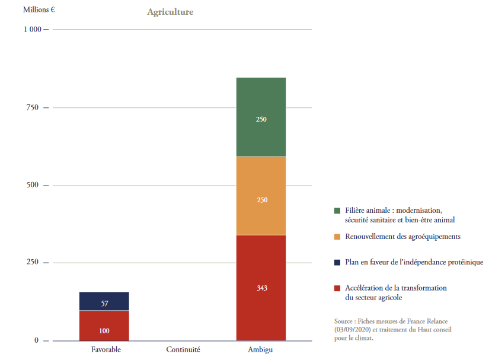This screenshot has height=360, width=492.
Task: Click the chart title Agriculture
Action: coord(170,12)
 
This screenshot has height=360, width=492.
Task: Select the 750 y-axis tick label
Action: coord(32,107)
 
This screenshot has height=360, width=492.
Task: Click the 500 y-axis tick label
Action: coord(32,185)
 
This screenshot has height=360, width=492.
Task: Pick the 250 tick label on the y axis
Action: coord(32,263)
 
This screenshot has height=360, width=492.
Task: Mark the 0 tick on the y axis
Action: coord(36,340)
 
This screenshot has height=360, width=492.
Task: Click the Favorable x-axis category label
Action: coord(106,350)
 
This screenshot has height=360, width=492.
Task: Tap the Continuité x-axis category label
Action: coord(183,350)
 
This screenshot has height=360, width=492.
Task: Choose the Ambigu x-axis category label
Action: coord(260,350)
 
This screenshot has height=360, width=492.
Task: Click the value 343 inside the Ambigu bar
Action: coord(261,288)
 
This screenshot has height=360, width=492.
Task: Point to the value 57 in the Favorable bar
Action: coord(104,304)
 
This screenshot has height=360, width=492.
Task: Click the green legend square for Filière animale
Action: coord(337,211)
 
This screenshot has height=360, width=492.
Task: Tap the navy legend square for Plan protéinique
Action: coord(337,262)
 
